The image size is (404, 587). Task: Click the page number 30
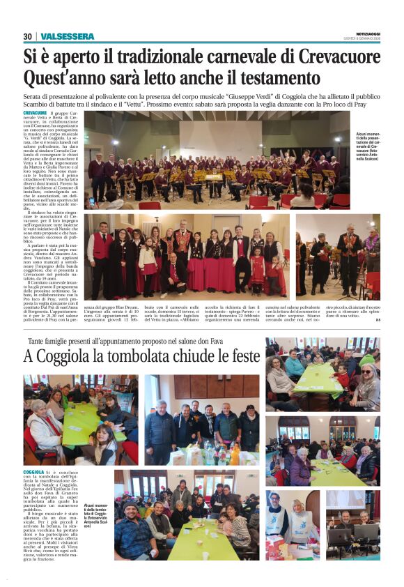click(27, 36)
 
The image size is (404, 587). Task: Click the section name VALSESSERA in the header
click(67, 36)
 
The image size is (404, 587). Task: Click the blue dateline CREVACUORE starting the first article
click(35, 112)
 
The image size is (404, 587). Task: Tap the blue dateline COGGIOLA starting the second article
click(33, 472)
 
